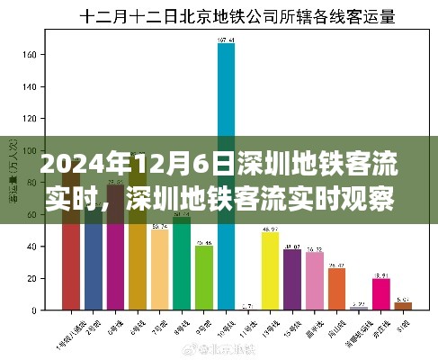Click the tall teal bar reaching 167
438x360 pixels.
click(x=226, y=108)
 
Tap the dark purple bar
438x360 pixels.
click(x=292, y=280)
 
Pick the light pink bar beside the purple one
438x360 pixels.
click(x=315, y=281)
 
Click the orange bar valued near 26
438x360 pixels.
click(x=336, y=289)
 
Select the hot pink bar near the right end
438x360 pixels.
click(x=381, y=294)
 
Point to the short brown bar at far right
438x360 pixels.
click(x=403, y=306)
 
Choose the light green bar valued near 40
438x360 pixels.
click(x=204, y=278)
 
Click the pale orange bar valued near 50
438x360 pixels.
click(x=159, y=270)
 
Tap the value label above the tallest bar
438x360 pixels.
click(x=226, y=40)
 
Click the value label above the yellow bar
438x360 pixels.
click(x=270, y=231)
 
